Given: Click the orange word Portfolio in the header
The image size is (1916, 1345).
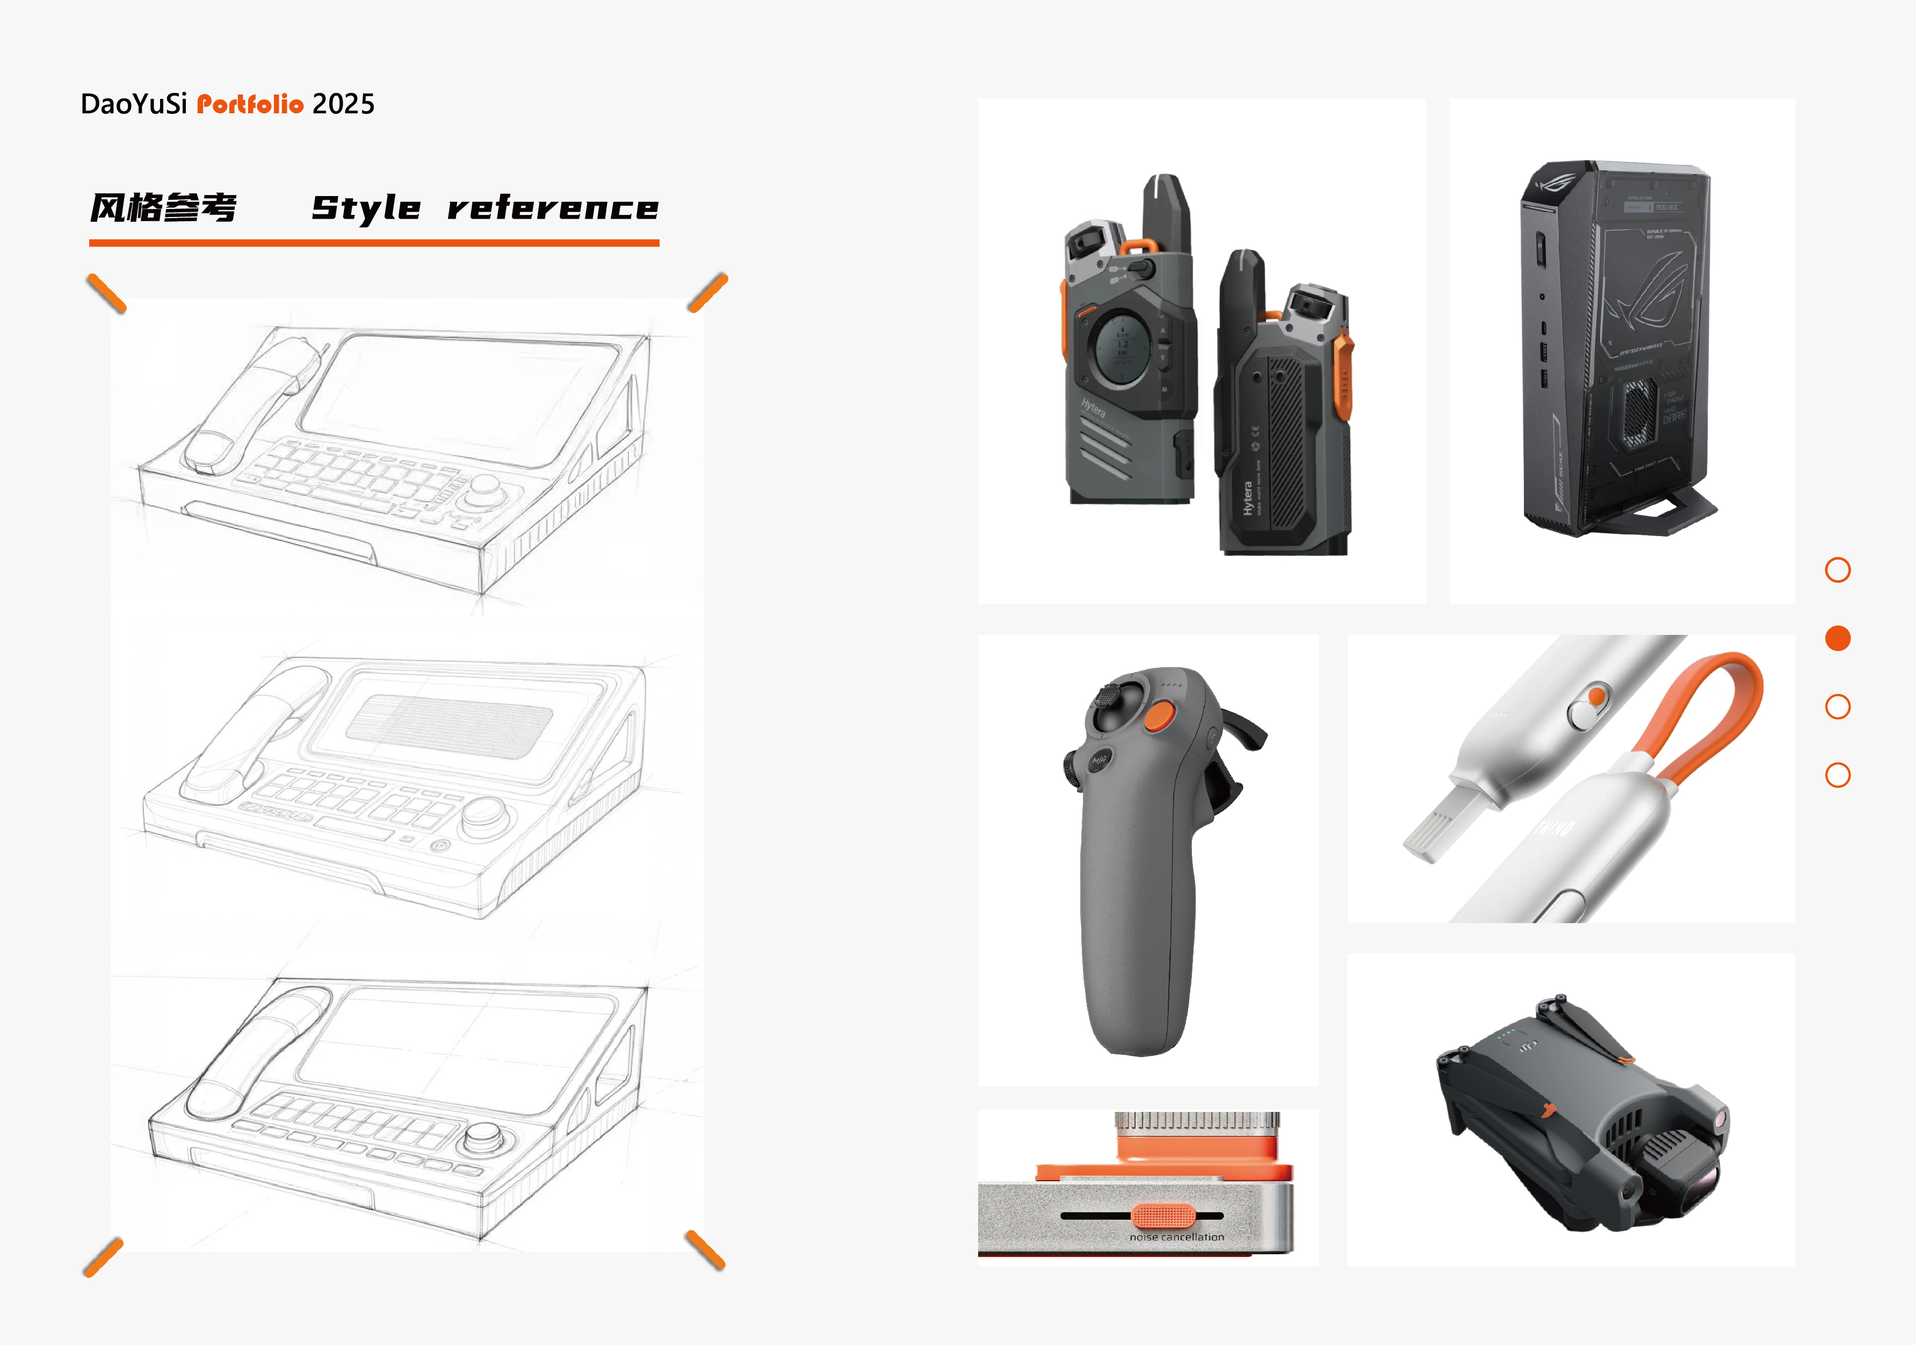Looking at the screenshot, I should (250, 104).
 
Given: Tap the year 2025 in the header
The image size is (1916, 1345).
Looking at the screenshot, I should (343, 104).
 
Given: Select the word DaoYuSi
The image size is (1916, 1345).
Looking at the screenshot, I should (134, 104).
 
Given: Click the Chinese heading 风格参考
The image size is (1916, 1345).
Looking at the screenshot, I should (163, 208).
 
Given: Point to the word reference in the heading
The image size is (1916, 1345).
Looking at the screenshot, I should (552, 208).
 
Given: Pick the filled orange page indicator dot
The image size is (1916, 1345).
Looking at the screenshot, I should (1838, 638).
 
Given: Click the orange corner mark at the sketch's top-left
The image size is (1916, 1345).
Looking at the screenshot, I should (106, 293).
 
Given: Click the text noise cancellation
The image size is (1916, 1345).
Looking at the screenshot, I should (1177, 1238).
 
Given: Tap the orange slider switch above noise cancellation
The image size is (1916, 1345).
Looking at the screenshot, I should (1163, 1216).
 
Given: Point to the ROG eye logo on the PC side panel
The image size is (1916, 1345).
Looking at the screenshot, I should (1648, 292).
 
